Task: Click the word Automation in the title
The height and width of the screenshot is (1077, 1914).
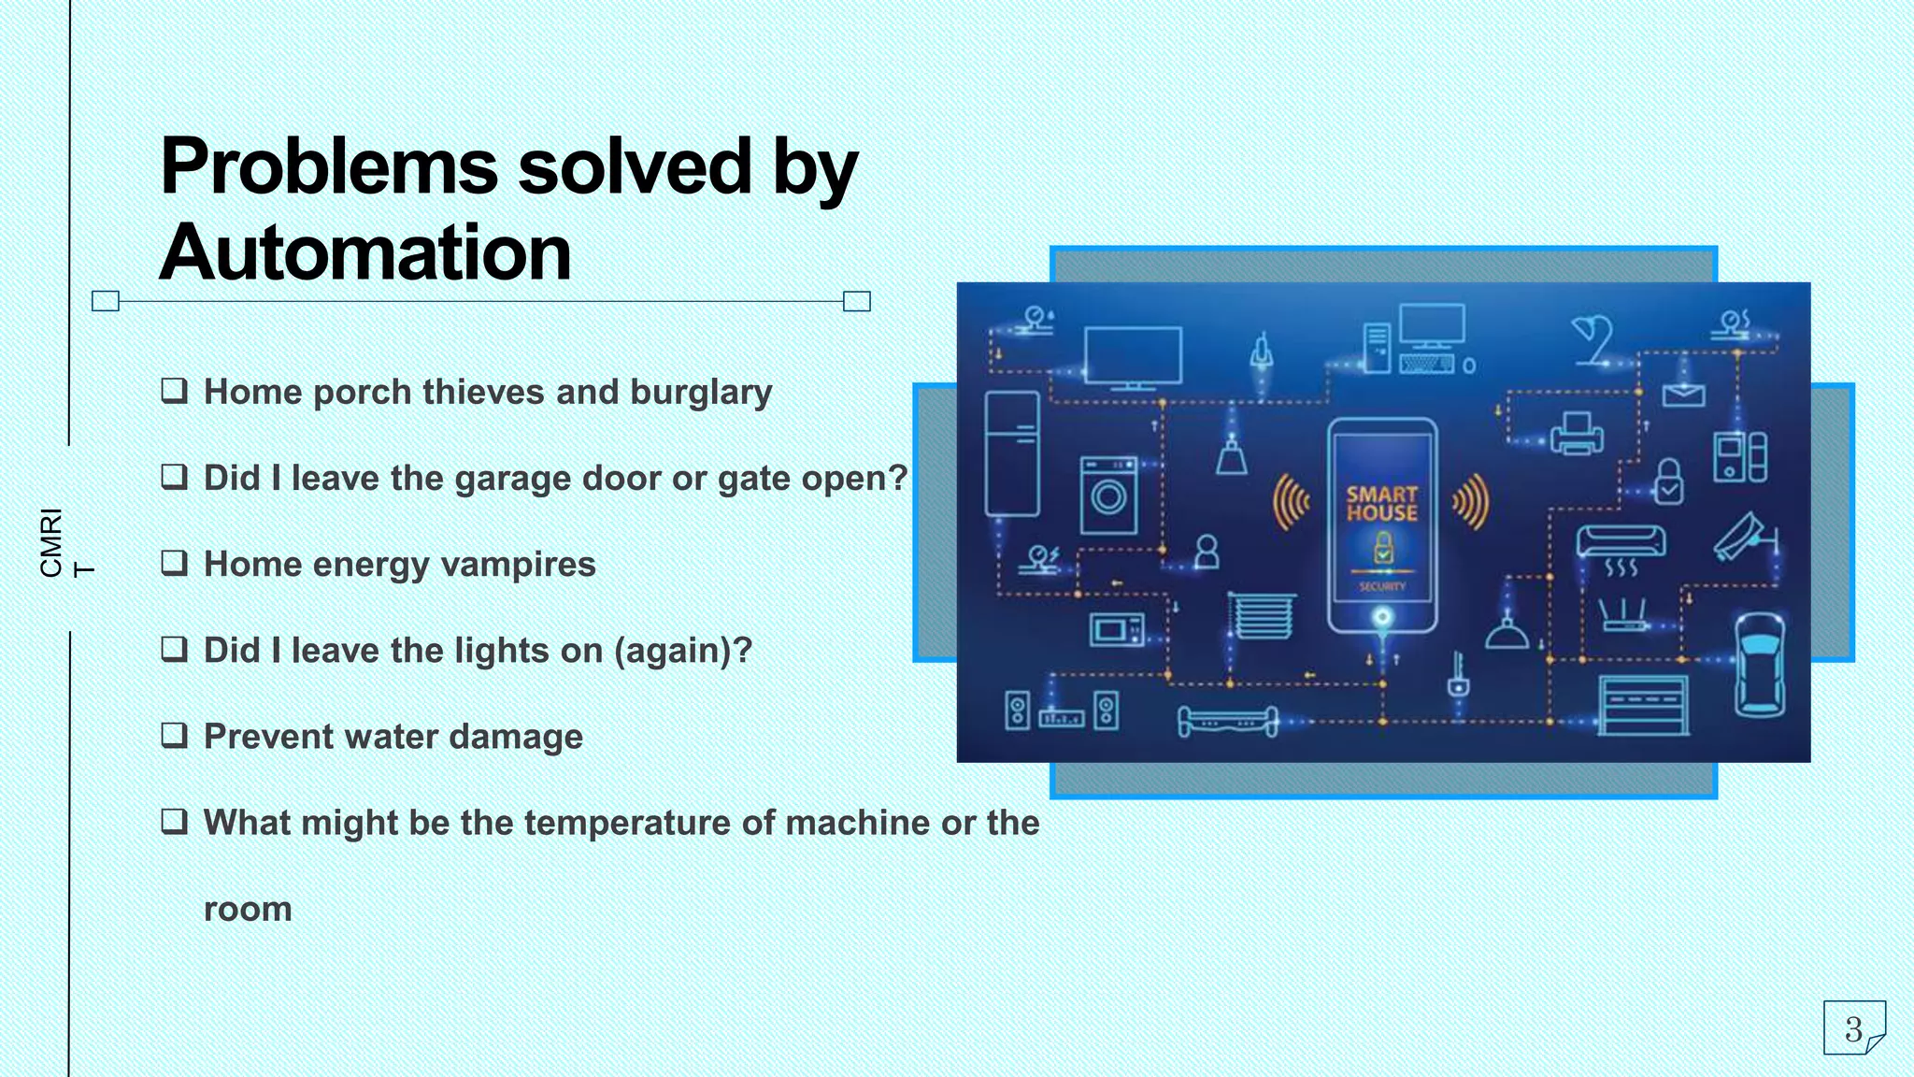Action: [364, 252]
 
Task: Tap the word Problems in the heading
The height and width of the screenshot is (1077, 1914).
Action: [329, 166]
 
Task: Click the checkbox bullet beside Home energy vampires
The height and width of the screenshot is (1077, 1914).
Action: [174, 563]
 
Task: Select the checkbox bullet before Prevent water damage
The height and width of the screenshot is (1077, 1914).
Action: [174, 735]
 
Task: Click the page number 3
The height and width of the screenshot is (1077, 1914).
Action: [1853, 1029]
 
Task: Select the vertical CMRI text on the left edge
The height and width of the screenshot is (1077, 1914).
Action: [52, 542]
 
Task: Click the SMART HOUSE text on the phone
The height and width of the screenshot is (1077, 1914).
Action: [1381, 503]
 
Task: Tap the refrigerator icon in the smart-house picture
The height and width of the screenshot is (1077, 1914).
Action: [1012, 453]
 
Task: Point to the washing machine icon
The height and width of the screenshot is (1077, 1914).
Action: [1108, 495]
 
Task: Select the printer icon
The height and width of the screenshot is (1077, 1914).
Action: [1577, 434]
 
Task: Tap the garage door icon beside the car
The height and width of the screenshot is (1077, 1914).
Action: [1643, 704]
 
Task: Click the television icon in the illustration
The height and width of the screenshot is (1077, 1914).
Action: [1133, 357]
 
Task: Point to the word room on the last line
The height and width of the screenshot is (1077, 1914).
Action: [248, 909]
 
